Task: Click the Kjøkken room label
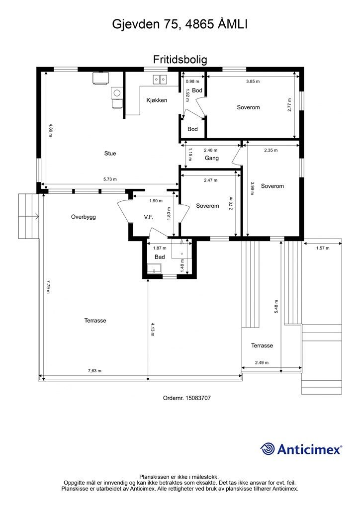tap(157, 100)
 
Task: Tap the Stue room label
tap(110, 154)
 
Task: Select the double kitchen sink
tap(160, 79)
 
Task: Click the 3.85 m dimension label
tap(253, 82)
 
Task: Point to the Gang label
tap(212, 158)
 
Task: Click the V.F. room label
tap(149, 217)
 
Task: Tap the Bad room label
tap(160, 257)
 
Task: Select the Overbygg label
tap(84, 217)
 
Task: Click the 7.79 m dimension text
tap(48, 287)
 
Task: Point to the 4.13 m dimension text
tap(153, 330)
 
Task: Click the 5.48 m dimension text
tap(276, 306)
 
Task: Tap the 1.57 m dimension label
tap(323, 249)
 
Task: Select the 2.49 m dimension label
tap(262, 362)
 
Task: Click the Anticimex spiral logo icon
tap(268, 449)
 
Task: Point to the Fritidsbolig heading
tap(180, 60)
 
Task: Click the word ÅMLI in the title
tap(233, 24)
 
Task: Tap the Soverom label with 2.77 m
tap(248, 107)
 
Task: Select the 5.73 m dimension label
tap(110, 179)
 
